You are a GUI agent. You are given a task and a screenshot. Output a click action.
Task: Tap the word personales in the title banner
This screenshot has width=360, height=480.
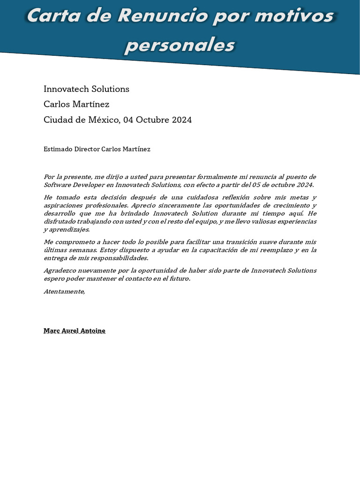[180, 45]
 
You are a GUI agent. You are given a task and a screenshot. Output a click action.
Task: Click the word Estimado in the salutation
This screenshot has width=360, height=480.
[58, 149]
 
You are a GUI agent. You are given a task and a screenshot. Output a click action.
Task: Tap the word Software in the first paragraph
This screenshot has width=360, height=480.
[57, 185]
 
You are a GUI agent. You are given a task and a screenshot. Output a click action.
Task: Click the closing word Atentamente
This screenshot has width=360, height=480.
[64, 291]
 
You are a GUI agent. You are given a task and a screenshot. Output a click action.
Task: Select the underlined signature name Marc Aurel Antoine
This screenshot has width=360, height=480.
[75, 330]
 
